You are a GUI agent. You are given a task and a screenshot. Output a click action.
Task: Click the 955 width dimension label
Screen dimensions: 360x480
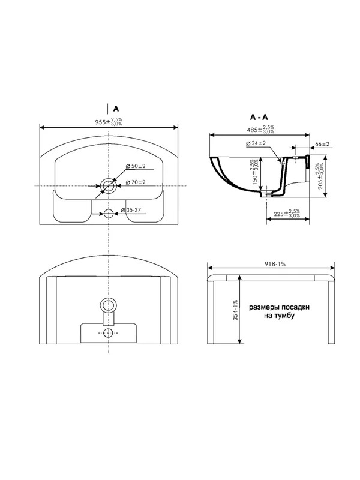[x=109, y=121]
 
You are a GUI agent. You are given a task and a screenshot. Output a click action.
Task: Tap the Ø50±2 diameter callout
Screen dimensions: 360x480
[x=136, y=166]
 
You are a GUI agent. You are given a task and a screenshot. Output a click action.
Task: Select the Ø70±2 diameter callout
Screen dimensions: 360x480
[x=136, y=182]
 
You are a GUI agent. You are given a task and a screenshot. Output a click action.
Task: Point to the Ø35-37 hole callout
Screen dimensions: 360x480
[x=131, y=210]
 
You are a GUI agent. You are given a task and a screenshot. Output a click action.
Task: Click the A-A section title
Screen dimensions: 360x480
[x=259, y=117]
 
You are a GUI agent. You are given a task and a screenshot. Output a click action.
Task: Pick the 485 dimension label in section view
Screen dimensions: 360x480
[x=260, y=129]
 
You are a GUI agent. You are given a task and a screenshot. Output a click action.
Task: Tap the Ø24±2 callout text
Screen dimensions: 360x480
[x=256, y=143]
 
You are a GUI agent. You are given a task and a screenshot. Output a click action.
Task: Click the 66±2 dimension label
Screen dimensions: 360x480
[x=322, y=143]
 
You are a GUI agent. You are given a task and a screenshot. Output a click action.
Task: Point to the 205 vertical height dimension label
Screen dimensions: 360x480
[x=320, y=176]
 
